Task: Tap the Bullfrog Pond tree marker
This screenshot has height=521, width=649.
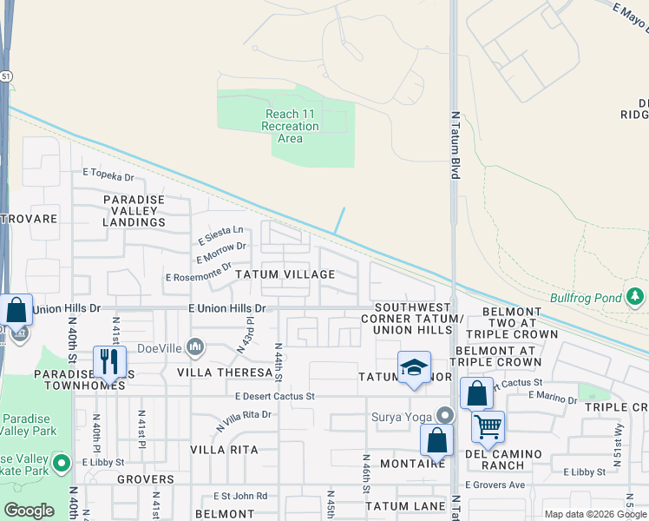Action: tap(636, 298)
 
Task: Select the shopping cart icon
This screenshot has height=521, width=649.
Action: tap(488, 426)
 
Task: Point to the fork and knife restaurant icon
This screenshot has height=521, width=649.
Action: tap(109, 361)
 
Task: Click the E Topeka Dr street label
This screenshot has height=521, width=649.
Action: tap(108, 177)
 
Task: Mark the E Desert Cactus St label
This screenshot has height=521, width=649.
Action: tap(273, 396)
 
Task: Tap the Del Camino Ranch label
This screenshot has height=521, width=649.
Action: tap(504, 459)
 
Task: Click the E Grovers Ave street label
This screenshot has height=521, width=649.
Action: tap(495, 485)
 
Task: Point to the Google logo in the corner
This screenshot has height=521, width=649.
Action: tap(29, 510)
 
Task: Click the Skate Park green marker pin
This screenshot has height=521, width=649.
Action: tap(61, 464)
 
